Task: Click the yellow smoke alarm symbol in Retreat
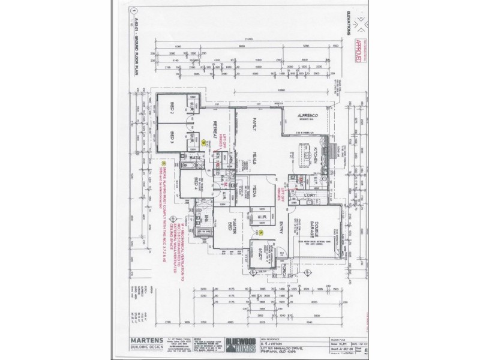[203, 142]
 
